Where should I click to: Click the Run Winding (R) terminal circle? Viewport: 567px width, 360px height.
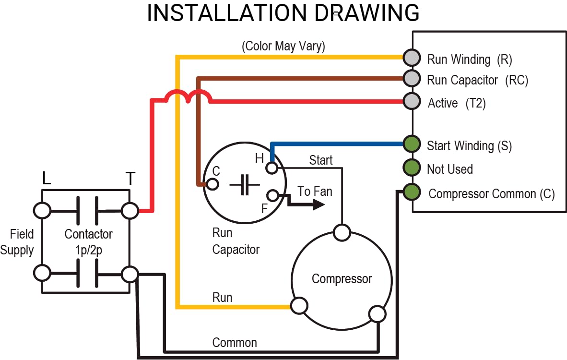point(412,58)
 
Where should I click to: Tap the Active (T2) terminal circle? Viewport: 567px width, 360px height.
point(411,101)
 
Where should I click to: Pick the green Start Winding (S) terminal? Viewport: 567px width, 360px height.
point(411,144)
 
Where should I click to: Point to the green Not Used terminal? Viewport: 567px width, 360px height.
point(411,168)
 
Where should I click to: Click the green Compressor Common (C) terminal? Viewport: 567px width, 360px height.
point(411,192)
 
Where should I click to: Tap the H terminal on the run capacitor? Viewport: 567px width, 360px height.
point(272,168)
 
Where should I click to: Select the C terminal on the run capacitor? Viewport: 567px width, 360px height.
point(213,184)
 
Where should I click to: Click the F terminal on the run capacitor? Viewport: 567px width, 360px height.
point(273,195)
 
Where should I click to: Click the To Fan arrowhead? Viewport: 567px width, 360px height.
point(318,204)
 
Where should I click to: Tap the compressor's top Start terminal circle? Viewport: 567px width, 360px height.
point(342,233)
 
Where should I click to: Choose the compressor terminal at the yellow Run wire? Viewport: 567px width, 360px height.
point(299,305)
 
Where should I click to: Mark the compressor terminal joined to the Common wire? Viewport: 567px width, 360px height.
point(377,314)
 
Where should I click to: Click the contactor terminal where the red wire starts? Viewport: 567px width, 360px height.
point(130,210)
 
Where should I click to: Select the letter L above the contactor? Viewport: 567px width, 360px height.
point(47,179)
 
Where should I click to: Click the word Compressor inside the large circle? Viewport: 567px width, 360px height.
point(342,279)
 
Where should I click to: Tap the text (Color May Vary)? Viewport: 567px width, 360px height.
point(283,47)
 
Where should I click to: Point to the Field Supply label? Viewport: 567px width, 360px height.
point(18,242)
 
